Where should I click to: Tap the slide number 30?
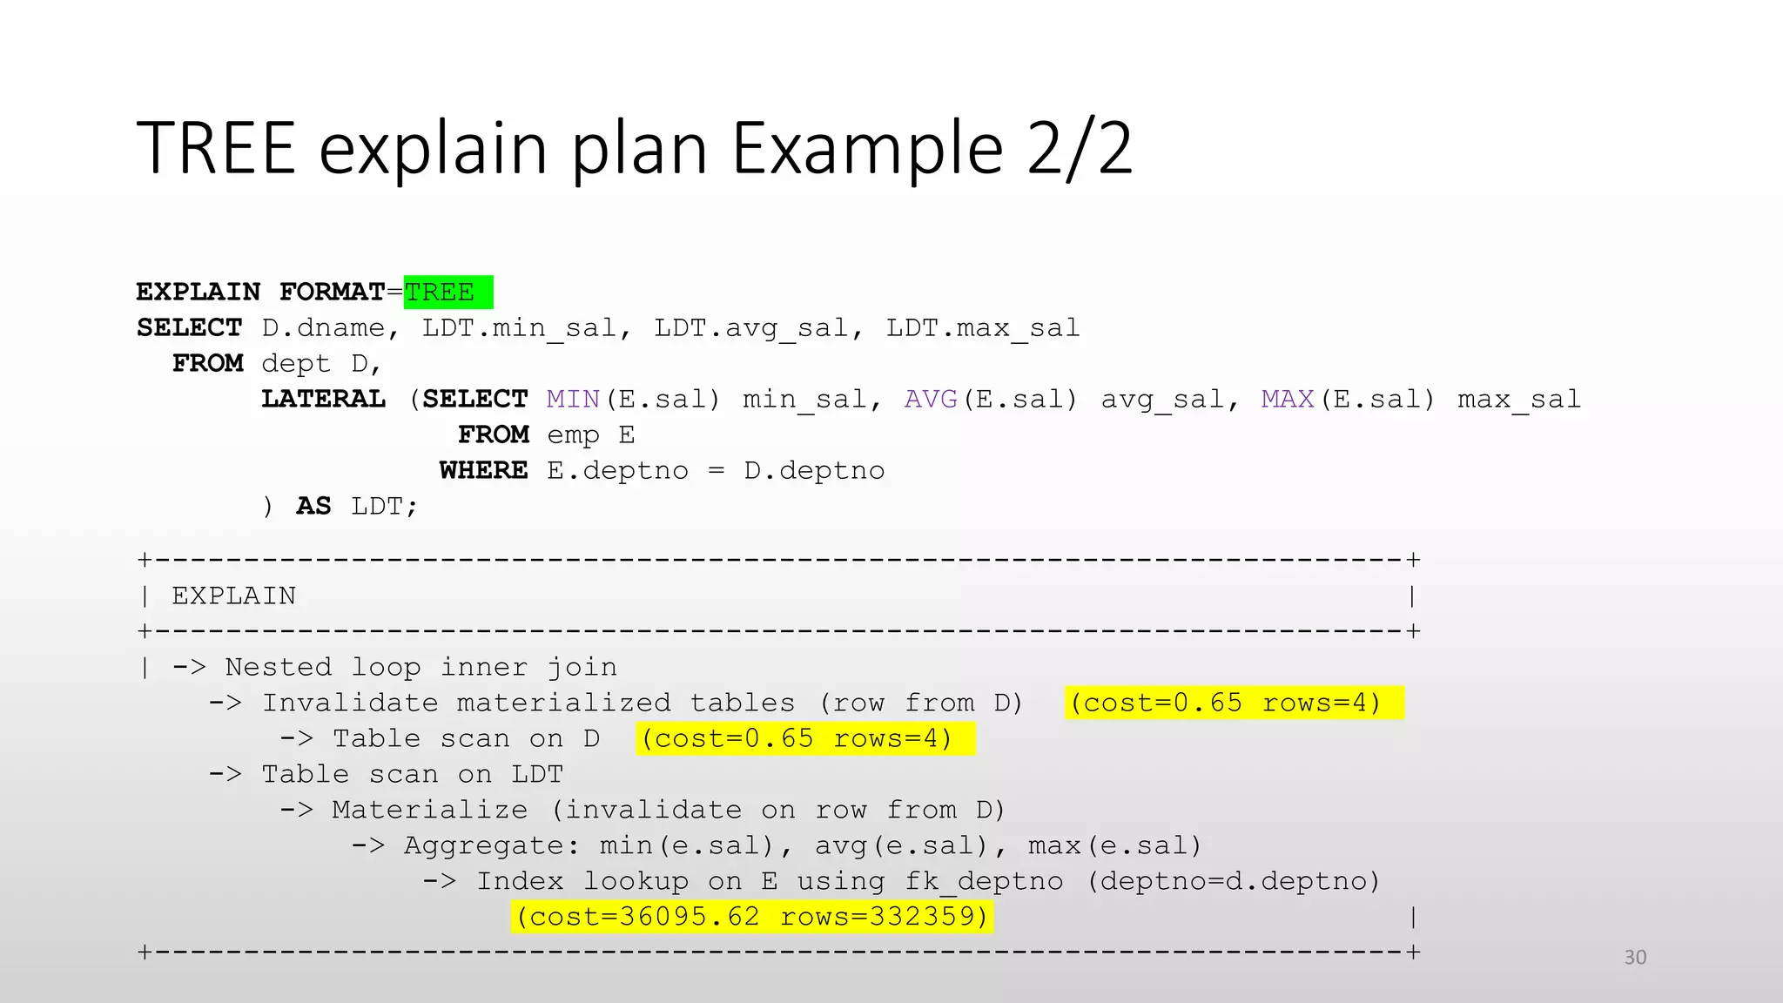click(x=1635, y=958)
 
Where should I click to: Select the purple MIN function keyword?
click(x=573, y=400)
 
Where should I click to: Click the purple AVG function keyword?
click(x=931, y=400)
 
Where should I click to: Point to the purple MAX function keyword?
click(x=1288, y=400)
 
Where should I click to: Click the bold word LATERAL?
click(x=323, y=400)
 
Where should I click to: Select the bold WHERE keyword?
click(x=483, y=471)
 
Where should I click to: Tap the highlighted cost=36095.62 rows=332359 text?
click(x=752, y=917)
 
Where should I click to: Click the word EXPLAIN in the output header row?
click(x=233, y=596)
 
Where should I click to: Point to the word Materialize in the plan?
click(x=429, y=810)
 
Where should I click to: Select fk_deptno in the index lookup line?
click(x=983, y=881)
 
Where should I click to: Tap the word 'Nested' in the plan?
click(x=279, y=667)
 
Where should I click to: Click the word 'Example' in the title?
click(x=867, y=148)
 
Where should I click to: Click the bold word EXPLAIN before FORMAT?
click(x=198, y=293)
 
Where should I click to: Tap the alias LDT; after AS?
click(x=384, y=507)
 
